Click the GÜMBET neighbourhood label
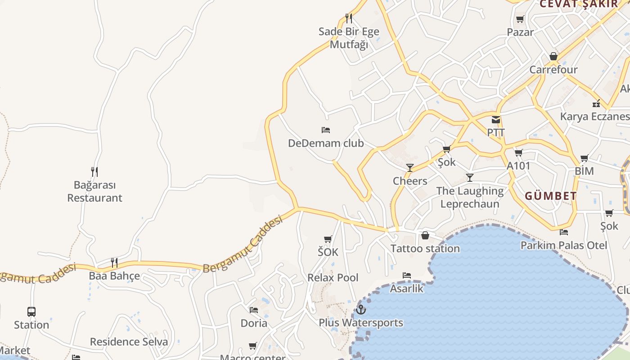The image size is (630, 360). (551, 196)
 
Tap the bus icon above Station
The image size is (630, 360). (31, 311)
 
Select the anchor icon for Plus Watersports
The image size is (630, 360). (361, 310)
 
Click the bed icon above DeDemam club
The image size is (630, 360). (326, 130)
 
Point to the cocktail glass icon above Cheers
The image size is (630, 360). (409, 168)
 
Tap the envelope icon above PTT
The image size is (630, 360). (496, 120)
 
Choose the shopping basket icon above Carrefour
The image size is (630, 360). (553, 57)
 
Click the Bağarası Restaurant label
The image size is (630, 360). (94, 191)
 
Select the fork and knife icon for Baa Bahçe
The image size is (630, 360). (114, 262)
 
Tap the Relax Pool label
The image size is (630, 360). (333, 278)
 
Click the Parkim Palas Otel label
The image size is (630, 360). (564, 245)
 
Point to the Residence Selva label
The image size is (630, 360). (129, 342)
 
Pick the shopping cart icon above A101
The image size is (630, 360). (518, 153)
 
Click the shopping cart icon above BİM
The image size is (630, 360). (584, 158)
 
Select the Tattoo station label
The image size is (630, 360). (425, 248)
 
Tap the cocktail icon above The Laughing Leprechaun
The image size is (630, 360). (470, 178)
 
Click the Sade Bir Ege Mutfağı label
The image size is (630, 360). (349, 38)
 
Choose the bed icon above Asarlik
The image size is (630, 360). (407, 275)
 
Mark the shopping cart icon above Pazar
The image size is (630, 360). (520, 19)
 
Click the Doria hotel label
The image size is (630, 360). (254, 323)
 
